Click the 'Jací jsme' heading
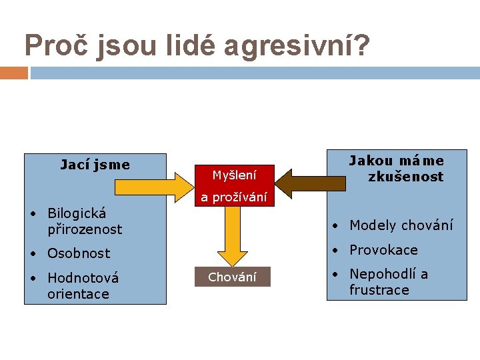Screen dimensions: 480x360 pos(95,165)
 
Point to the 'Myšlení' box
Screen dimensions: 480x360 pos(233,175)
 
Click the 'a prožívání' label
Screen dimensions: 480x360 pos(233,197)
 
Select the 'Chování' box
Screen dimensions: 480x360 pos(232,277)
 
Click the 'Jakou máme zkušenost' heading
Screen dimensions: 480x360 pos(397,169)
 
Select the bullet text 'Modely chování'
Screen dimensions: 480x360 pos(401,225)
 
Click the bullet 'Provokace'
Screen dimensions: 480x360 pos(383,250)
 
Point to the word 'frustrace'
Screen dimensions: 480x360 pos(379,290)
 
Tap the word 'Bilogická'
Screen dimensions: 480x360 pos(77,213)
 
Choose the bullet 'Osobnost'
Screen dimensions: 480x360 pos(78,253)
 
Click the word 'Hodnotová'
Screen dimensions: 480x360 pos(83,278)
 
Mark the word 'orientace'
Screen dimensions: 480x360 pos(78,294)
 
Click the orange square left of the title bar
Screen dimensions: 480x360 pos(13,73)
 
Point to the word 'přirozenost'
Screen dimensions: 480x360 pos(85,229)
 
